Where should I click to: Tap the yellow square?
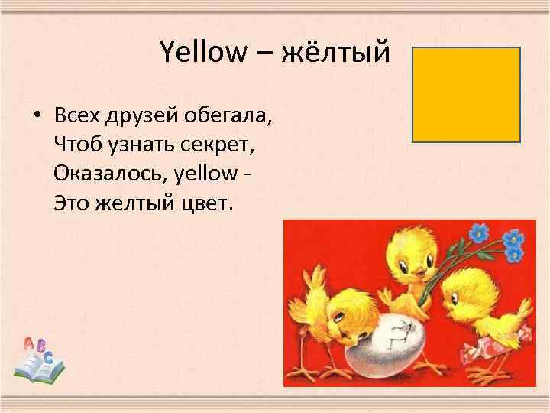coord(466,94)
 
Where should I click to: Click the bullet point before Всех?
coord(36,119)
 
